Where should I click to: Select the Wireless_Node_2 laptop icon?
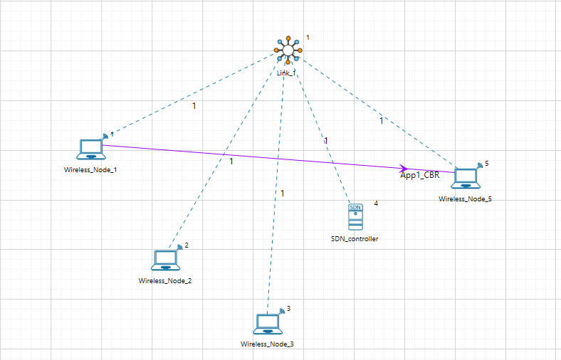166,260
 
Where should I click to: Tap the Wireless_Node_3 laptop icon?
267,324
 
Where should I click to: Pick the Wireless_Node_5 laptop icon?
466,179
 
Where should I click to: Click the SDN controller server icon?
355,217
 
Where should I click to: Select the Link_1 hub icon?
289,51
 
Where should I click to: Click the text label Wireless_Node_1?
90,169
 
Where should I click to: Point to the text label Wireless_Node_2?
165,280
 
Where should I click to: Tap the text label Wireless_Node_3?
267,344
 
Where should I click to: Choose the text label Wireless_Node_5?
466,199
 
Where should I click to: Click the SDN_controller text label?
355,239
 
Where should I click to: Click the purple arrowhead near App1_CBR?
404,168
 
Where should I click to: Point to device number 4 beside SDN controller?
376,203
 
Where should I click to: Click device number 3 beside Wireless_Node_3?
289,309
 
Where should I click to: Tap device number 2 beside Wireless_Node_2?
187,245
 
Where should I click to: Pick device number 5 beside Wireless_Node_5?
487,164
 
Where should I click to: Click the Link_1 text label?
286,73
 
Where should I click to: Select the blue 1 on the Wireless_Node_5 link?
381,121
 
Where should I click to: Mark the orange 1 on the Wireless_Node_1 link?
194,106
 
